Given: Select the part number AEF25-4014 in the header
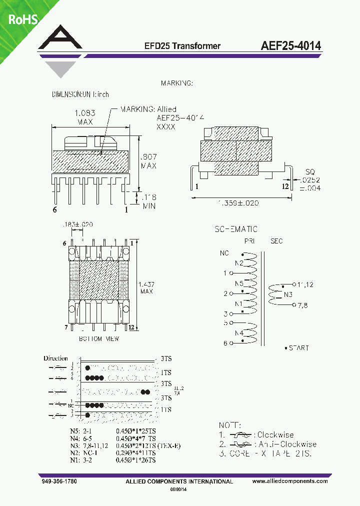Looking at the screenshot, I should click(290, 45).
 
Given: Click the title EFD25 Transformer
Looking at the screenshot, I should click(182, 46).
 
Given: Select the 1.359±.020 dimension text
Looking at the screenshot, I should click(239, 202).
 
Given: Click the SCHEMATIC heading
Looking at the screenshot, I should click(236, 229).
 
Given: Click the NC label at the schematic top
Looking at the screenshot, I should click(224, 253).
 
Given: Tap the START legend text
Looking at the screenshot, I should click(298, 348).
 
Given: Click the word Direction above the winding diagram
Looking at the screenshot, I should click(55, 358).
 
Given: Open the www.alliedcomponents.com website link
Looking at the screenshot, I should click(290, 481).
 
